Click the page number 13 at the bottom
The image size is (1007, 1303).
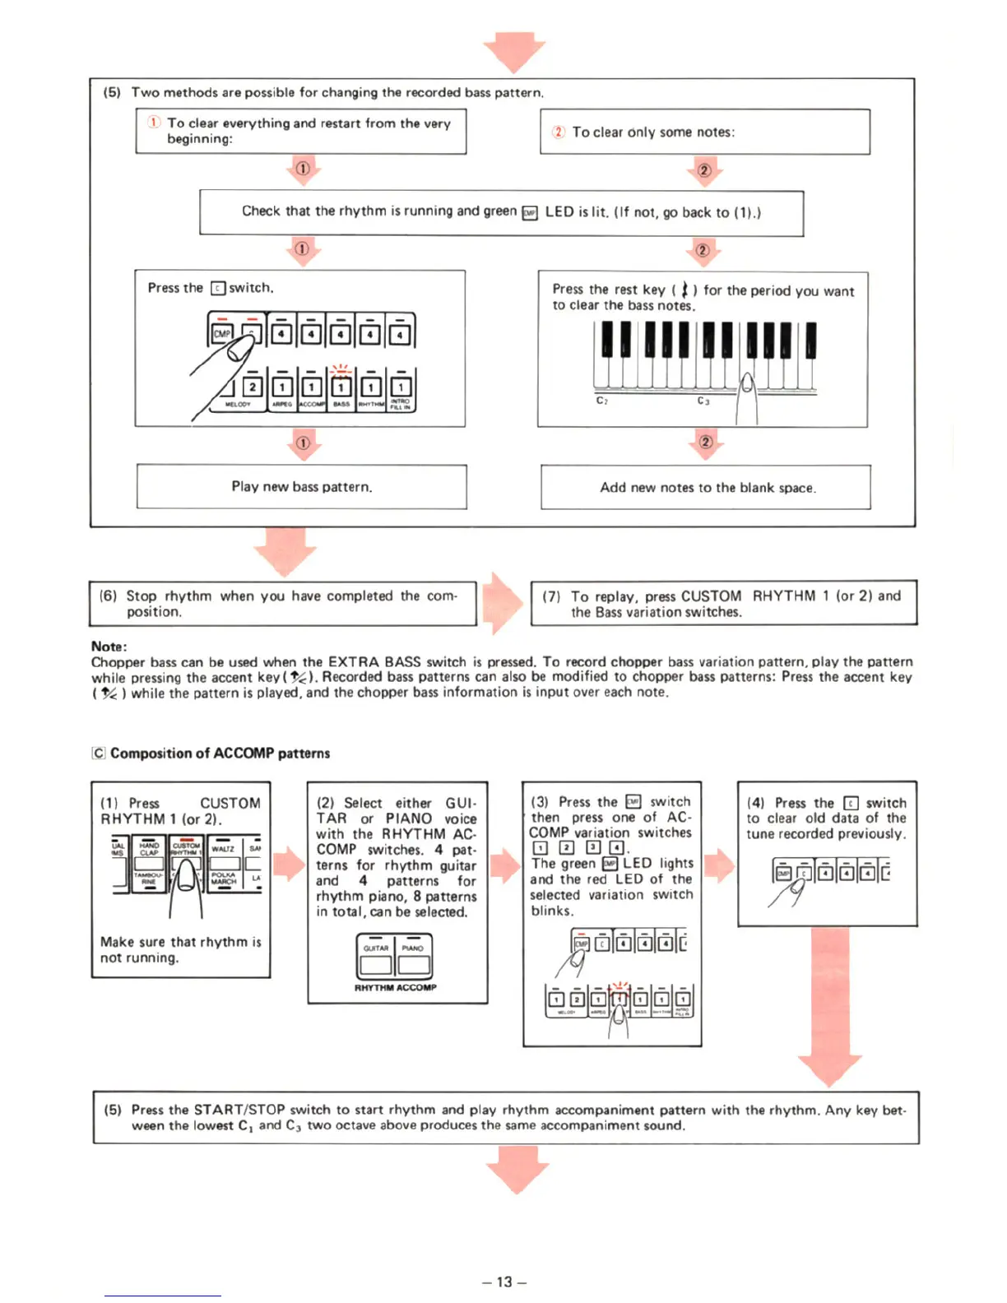tap(503, 1282)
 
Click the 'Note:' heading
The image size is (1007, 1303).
tap(109, 647)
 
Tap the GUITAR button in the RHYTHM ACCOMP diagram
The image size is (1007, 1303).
tap(376, 956)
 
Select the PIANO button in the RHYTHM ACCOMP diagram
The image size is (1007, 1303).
tap(413, 956)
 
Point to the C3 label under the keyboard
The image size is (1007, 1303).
tap(703, 401)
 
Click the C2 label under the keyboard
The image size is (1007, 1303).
tap(602, 401)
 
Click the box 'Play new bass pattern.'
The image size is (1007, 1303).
tap(301, 487)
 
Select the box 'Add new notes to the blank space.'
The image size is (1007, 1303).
tap(706, 488)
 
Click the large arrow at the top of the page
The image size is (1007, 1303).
tap(514, 51)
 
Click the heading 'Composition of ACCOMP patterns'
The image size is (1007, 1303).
tap(220, 754)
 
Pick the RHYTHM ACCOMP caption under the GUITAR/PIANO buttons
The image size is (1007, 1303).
tap(395, 987)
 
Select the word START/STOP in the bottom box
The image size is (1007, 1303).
tap(239, 1110)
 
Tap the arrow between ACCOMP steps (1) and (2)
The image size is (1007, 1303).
tap(289, 865)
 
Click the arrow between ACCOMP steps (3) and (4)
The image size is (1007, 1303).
tap(720, 865)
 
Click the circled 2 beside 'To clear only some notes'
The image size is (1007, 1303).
tap(559, 132)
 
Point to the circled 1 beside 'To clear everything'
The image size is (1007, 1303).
tap(154, 123)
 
